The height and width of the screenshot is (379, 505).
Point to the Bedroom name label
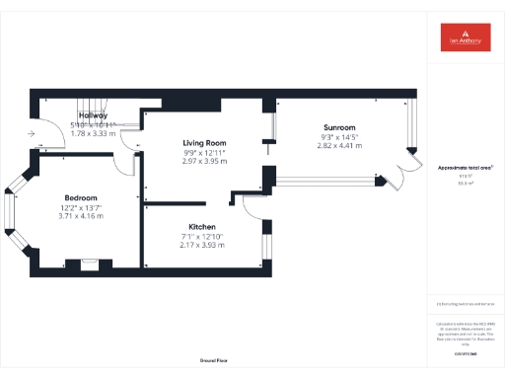(x=80, y=196)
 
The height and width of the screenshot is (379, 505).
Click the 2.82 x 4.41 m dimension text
(x=340, y=145)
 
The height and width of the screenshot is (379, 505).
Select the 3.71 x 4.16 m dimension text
(x=80, y=215)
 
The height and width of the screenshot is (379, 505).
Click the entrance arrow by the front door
(x=33, y=131)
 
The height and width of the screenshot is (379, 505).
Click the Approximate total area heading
(x=466, y=168)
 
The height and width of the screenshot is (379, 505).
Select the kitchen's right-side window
(x=267, y=246)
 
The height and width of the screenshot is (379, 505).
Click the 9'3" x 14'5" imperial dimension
(x=340, y=136)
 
